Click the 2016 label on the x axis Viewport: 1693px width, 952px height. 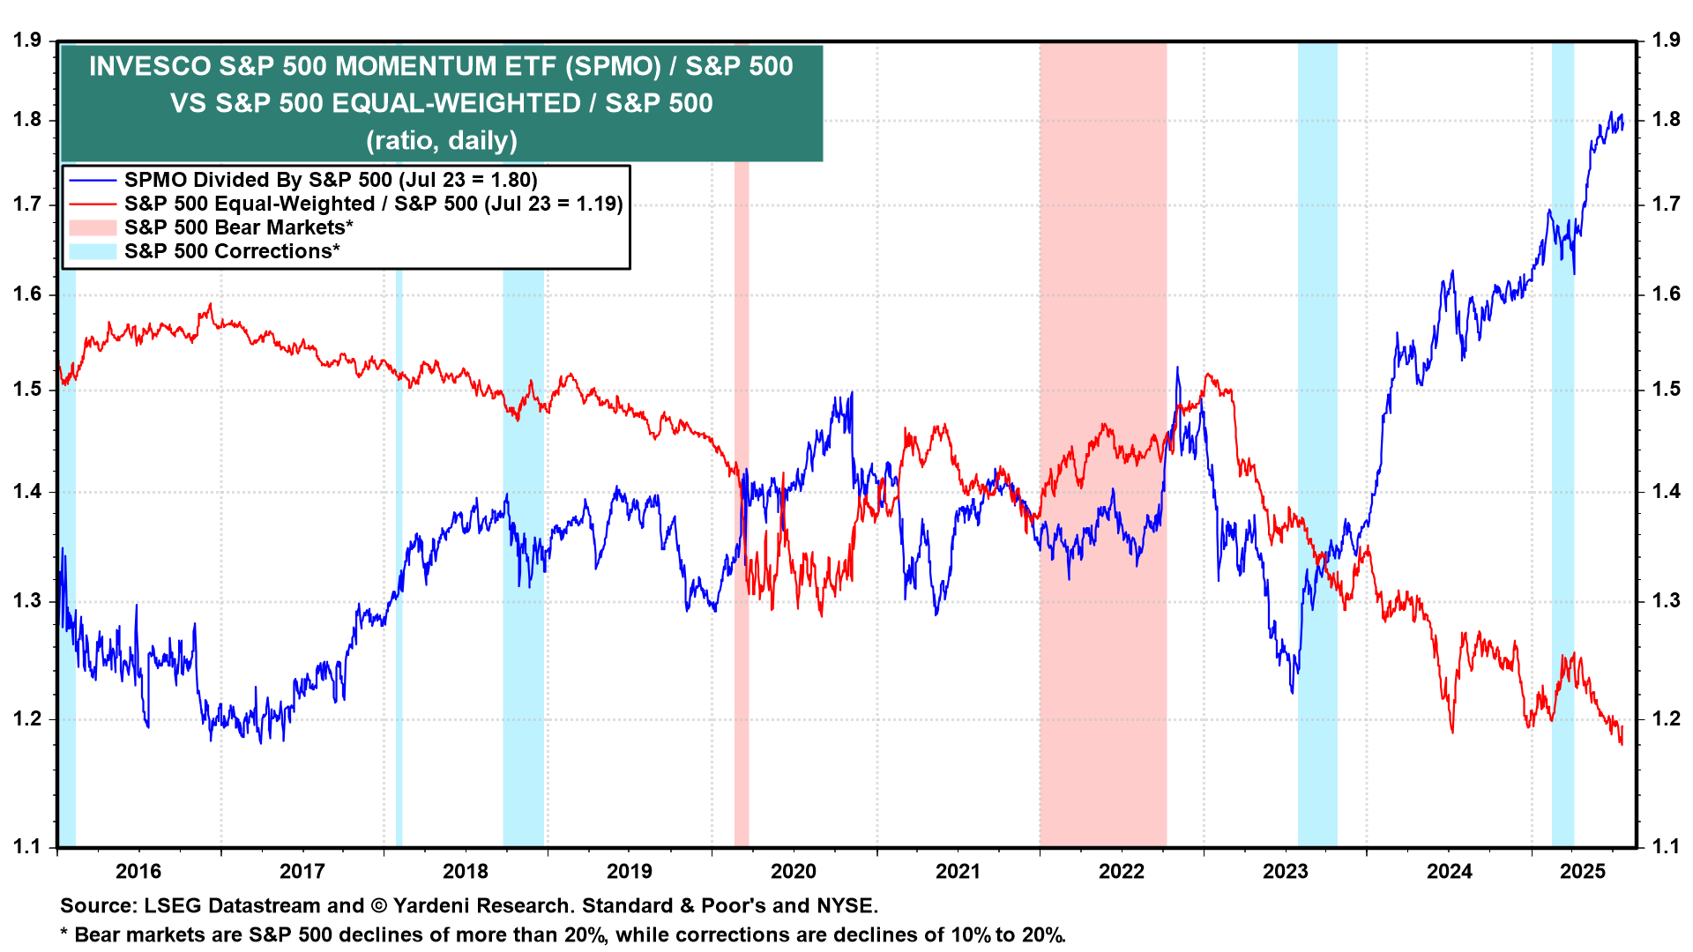point(138,872)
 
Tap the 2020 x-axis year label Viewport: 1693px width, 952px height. point(794,872)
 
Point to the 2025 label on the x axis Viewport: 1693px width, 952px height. point(1583,872)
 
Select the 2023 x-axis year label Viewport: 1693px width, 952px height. point(1285,872)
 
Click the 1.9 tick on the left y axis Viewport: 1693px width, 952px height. point(27,41)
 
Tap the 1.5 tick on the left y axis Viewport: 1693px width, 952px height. point(27,390)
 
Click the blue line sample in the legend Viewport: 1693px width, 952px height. point(93,181)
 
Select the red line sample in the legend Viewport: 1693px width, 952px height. point(93,205)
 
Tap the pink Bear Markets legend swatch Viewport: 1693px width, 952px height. point(93,228)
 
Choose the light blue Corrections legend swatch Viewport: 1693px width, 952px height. point(93,252)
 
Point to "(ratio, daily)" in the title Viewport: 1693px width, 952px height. point(442,141)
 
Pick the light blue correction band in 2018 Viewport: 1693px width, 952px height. point(524,705)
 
